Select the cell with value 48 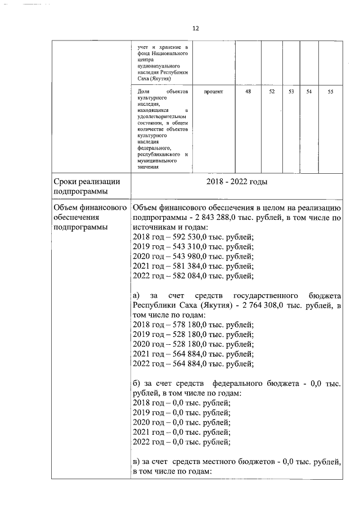coord(248,91)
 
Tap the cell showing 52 coord(272,91)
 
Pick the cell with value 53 coord(291,91)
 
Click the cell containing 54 coord(309,91)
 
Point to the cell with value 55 coord(330,91)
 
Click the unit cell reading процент coord(213,91)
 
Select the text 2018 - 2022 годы coord(236,182)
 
